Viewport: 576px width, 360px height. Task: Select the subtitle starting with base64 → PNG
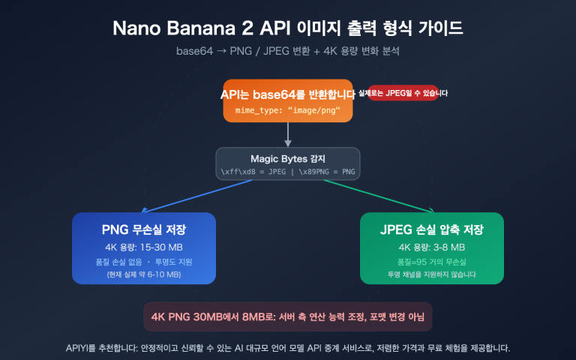[287, 52]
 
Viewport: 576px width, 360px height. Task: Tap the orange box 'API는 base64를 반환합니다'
[288, 94]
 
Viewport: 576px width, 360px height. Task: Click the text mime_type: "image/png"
[288, 109]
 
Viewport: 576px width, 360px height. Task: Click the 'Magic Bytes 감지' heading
[288, 158]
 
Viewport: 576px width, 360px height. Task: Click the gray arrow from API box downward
[288, 133]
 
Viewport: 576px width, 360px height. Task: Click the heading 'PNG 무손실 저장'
[144, 229]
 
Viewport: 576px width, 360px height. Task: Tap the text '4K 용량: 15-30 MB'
[144, 247]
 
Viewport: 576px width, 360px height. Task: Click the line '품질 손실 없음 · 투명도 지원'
[144, 262]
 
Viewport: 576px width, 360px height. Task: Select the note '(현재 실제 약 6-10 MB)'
[144, 274]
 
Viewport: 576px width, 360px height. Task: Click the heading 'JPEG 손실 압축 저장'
[431, 229]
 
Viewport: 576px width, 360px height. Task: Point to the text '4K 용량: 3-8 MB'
[431, 247]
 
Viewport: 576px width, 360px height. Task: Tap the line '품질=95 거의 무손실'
[431, 262]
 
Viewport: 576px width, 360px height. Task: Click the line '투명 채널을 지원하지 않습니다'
[431, 274]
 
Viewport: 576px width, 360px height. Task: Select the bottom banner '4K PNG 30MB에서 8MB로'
[288, 316]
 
